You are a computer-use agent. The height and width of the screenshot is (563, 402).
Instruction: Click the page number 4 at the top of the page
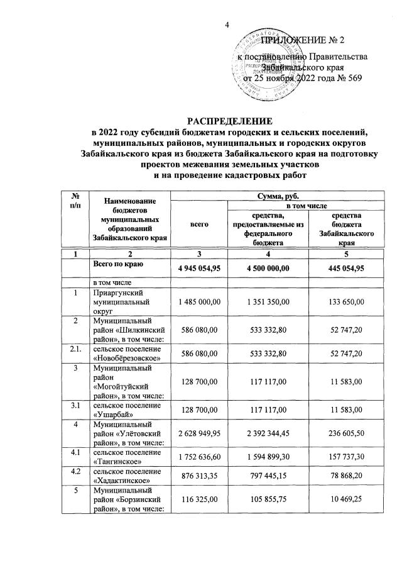(228, 25)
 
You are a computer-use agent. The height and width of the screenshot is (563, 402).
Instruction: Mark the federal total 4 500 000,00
(268, 269)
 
